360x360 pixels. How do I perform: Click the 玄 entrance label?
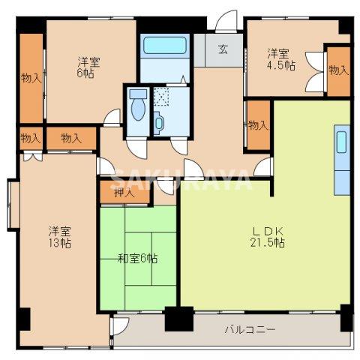[x=223, y=51]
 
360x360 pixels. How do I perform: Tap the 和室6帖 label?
[x=137, y=259]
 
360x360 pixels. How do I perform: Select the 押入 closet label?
[x=124, y=193]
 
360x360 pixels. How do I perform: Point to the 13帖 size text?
[x=60, y=244]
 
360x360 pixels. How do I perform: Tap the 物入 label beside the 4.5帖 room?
[x=339, y=70]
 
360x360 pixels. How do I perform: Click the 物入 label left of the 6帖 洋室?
[x=31, y=77]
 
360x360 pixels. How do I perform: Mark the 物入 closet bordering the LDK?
[x=258, y=124]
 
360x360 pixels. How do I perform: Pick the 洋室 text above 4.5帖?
[x=279, y=53]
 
